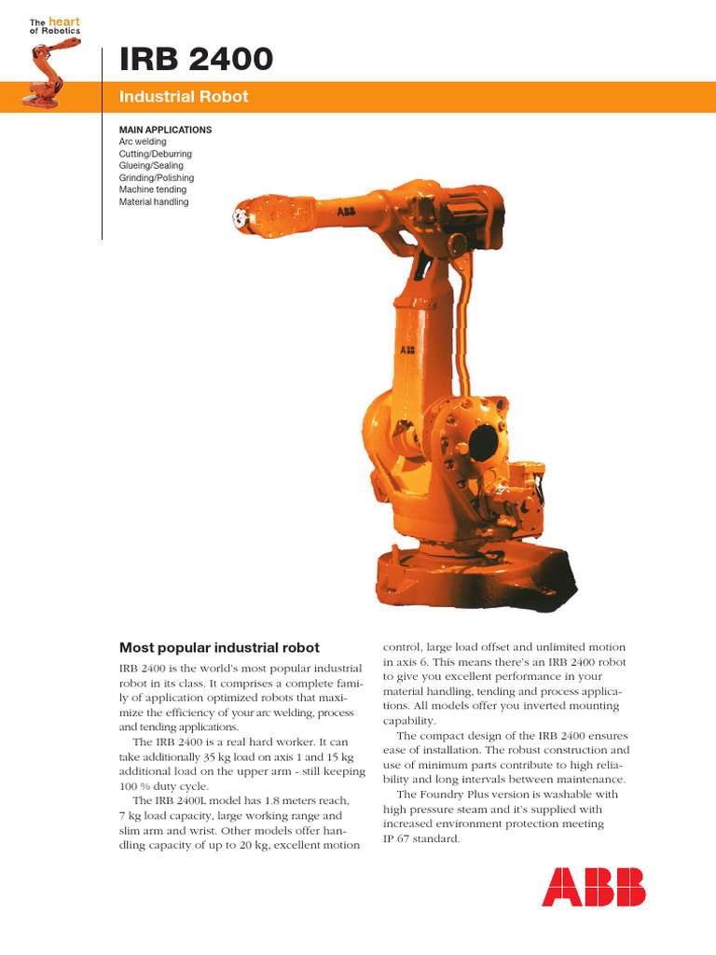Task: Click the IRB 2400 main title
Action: [x=196, y=60]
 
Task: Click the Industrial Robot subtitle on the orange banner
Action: [x=184, y=97]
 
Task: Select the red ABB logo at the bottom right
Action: [x=594, y=886]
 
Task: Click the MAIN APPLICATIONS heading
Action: [x=165, y=130]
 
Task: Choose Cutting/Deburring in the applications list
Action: [x=155, y=154]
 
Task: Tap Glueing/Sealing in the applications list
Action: [x=151, y=166]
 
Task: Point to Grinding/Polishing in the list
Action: [x=157, y=178]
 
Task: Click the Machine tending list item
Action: [x=153, y=190]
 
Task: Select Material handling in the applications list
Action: [x=154, y=202]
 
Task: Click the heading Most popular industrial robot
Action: [x=219, y=647]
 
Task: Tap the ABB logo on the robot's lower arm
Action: [x=407, y=351]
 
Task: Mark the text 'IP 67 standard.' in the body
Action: [x=421, y=838]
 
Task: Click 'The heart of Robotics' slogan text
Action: [x=54, y=25]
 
